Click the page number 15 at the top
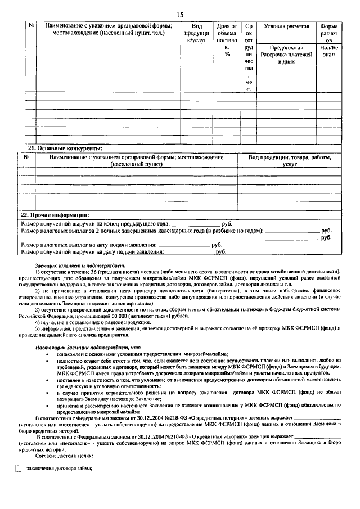pos(180,14)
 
